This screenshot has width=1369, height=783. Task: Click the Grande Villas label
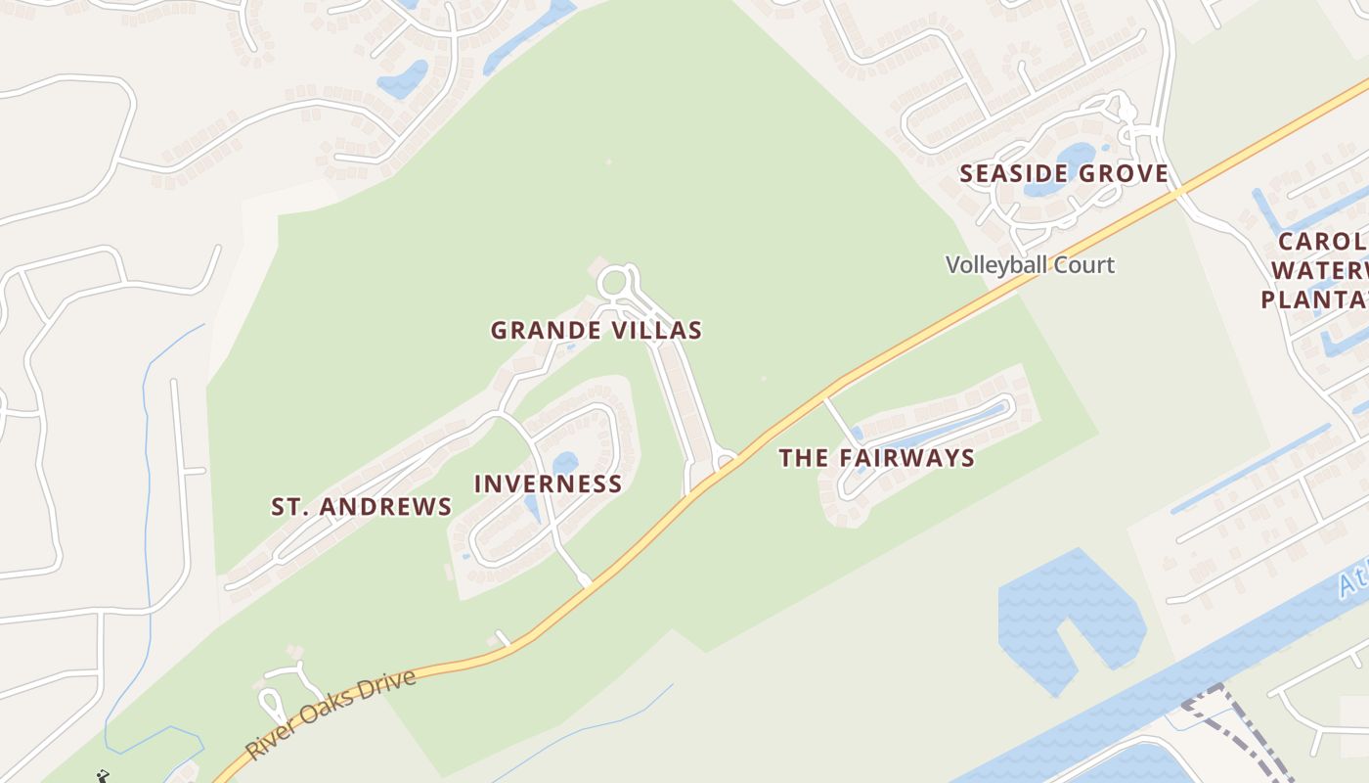(x=596, y=330)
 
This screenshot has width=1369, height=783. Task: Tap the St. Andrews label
(x=361, y=506)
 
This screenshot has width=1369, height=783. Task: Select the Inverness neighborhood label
(x=548, y=484)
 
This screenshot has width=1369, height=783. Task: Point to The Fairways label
(x=876, y=457)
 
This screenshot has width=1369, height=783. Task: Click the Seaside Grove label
(x=1064, y=174)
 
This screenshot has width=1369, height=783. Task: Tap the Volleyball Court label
(x=1030, y=264)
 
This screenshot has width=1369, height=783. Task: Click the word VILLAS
(x=657, y=330)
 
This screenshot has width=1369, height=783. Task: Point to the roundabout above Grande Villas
(x=614, y=284)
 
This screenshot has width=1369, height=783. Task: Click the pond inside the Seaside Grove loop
(x=1076, y=157)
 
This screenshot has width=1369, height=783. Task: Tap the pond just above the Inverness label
(x=565, y=462)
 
